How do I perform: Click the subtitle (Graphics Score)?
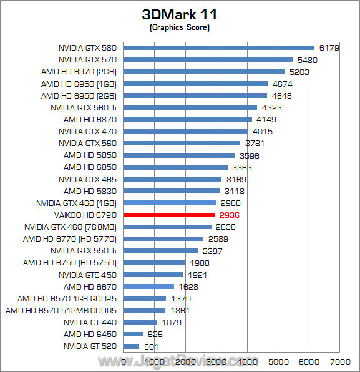[x=180, y=28]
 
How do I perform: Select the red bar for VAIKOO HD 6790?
[x=169, y=215]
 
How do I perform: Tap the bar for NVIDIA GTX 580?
[x=219, y=47]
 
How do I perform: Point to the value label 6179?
[x=328, y=47]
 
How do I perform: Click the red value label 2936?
[x=230, y=215]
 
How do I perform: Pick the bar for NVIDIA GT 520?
[x=132, y=346]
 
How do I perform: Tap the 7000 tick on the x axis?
[x=339, y=361]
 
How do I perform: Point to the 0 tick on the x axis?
[x=124, y=361]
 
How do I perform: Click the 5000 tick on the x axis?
[x=278, y=361]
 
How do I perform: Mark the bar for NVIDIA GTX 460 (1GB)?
[x=170, y=203]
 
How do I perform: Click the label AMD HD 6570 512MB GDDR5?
[x=62, y=310]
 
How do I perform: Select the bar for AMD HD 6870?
[x=188, y=119]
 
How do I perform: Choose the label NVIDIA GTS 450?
[x=88, y=275]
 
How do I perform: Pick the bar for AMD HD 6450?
[x=134, y=334]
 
